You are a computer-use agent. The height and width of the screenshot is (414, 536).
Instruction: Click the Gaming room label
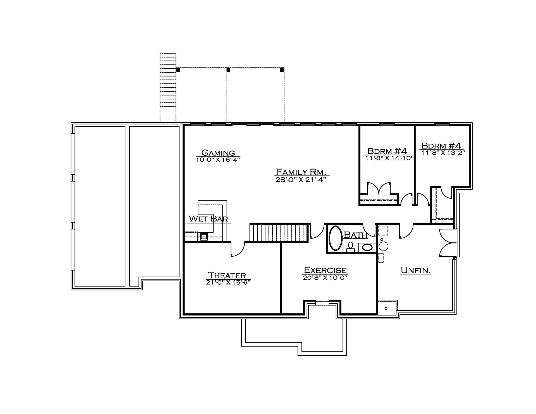coord(218,153)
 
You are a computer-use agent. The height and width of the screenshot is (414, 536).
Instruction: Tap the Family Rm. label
coord(301,172)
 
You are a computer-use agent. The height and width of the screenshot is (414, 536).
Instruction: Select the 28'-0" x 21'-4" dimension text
coord(301,180)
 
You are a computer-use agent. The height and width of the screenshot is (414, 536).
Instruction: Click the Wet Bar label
coord(208,218)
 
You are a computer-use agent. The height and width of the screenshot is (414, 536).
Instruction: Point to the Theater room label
coord(227,276)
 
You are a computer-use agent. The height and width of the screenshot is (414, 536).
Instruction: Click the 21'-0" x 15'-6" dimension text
coord(228,282)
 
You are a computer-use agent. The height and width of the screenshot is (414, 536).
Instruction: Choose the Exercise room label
coord(325,270)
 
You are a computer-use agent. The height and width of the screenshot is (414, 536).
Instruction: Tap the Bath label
coord(356,235)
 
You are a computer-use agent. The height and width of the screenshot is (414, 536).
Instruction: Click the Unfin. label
coord(416,270)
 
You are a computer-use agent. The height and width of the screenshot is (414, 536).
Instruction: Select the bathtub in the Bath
coord(336,238)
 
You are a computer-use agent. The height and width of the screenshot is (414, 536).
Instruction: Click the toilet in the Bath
coord(350,247)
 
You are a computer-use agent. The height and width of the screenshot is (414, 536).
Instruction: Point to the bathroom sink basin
coord(367,247)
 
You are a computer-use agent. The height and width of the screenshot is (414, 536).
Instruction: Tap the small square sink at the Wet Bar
coord(204,237)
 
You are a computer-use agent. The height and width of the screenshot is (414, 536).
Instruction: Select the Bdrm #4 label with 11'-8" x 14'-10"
coord(387,151)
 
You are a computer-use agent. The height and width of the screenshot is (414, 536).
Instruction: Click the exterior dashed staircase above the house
coord(168,88)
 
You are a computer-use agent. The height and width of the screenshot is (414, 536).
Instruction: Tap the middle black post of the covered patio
coord(228,70)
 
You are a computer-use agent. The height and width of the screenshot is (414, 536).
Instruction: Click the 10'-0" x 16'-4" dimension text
coord(218,160)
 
